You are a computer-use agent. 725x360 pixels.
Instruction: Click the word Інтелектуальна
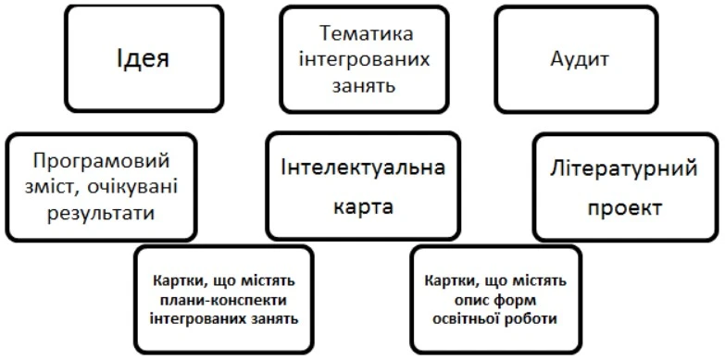tap(363, 168)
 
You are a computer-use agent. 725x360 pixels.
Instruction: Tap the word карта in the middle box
tap(363, 205)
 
